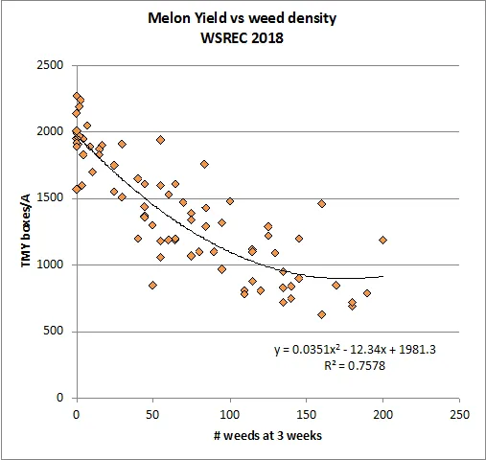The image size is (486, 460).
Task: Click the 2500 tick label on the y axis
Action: tap(51, 65)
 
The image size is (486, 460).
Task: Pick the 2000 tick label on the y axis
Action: tap(51, 132)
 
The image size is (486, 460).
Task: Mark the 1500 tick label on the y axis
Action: tap(51, 198)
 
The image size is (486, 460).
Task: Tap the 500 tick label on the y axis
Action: tap(55, 332)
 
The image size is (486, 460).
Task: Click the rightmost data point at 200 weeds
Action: tap(382, 240)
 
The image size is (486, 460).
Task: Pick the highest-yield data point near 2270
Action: tap(77, 96)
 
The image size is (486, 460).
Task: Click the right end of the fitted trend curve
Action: tap(382, 276)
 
